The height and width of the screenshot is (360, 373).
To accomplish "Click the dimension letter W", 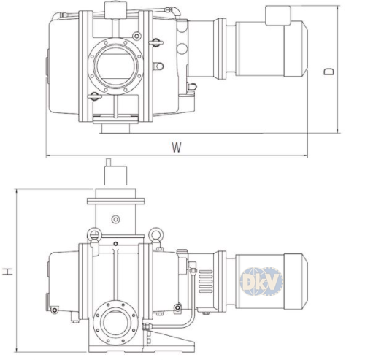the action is point(177,148).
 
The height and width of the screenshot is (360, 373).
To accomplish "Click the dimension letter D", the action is point(328,72).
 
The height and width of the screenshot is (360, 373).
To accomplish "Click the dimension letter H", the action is point(8,271).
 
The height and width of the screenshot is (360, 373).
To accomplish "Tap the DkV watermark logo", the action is point(261,281).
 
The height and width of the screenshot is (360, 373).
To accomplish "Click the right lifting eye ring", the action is point(155,234).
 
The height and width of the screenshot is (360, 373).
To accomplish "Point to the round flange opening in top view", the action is point(115,66).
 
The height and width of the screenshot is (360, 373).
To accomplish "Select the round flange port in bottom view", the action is point(115,323).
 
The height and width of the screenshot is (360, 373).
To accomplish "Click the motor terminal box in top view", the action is point(278,15).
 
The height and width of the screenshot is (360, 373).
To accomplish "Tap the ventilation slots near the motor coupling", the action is point(206,281).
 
